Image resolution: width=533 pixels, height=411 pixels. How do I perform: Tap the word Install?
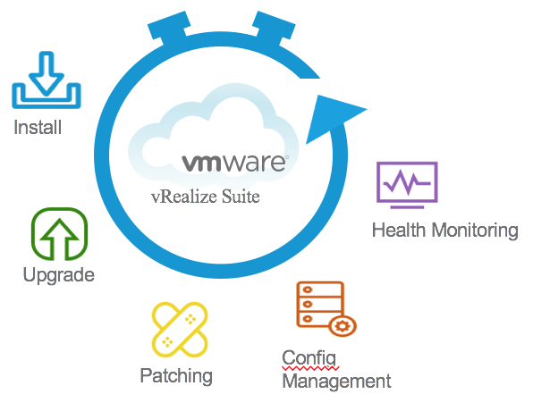38,128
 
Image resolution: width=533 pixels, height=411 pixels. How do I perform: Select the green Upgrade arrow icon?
59,234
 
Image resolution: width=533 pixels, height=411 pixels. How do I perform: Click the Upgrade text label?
58,275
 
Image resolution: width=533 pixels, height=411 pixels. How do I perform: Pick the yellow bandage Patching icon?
179,331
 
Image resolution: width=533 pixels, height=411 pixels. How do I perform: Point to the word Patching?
176,375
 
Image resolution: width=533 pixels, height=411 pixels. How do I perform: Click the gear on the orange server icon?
341,325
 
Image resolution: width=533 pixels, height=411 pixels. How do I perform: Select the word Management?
336,382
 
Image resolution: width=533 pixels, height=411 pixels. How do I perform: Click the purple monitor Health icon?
407,184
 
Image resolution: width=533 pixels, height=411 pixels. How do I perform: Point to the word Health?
399,231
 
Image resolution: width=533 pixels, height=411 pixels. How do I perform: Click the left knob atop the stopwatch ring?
171,27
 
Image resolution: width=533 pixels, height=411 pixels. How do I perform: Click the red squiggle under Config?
309,367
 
